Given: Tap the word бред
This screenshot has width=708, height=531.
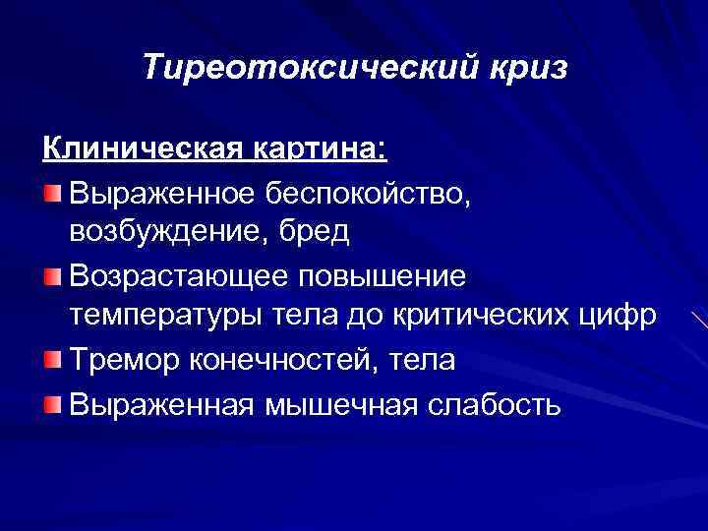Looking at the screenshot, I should click(316, 233).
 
